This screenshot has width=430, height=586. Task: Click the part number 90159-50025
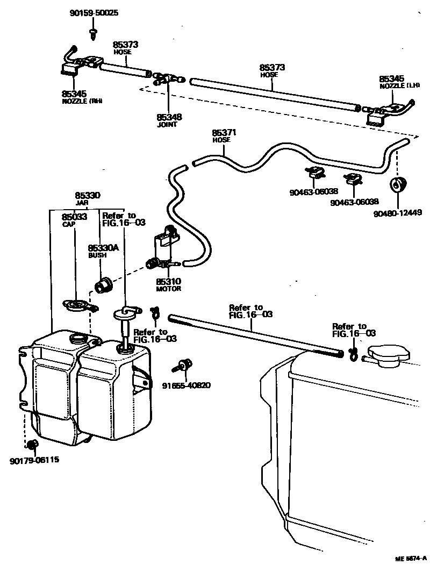tap(94, 12)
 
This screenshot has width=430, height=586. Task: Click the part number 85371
tap(224, 133)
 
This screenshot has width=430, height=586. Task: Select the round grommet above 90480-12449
tap(398, 185)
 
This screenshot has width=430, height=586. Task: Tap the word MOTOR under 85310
tap(169, 289)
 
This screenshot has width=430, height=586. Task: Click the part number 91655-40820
tap(186, 385)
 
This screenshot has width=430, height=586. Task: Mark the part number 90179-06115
tap(34, 460)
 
